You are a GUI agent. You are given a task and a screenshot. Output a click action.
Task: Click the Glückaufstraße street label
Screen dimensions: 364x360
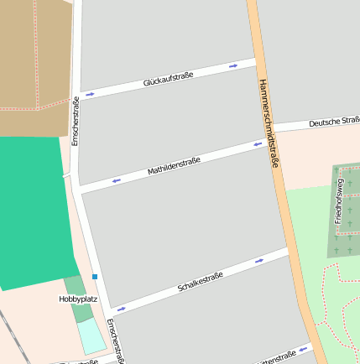coord(168,80)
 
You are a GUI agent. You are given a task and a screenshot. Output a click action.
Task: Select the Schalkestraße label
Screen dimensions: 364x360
coord(201,282)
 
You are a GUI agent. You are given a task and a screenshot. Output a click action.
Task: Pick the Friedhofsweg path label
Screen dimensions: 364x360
coord(339,200)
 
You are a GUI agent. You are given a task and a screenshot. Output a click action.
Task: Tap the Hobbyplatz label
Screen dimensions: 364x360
coord(78,299)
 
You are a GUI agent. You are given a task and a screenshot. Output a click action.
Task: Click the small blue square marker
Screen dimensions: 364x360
coord(95,277)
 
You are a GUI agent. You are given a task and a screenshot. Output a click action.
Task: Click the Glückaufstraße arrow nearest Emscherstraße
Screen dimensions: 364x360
coord(90,94)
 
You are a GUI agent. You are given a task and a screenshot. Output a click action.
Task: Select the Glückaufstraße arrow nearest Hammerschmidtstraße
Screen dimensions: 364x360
coord(233,65)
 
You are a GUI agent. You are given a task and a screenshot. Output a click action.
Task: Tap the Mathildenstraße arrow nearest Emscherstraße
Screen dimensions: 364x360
coord(116,179)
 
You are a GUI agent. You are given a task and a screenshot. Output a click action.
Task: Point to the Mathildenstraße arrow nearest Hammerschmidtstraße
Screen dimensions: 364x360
coord(259,143)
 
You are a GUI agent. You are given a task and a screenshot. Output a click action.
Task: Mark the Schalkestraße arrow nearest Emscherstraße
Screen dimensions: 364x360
coord(122,309)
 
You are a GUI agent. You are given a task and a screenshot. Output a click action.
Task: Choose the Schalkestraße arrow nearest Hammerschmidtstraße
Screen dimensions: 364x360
coord(259,261)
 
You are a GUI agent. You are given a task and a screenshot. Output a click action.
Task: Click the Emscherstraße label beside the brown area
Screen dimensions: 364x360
coord(76,122)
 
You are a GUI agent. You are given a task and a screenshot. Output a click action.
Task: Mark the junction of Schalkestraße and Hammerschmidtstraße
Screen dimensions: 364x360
coord(290,250)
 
